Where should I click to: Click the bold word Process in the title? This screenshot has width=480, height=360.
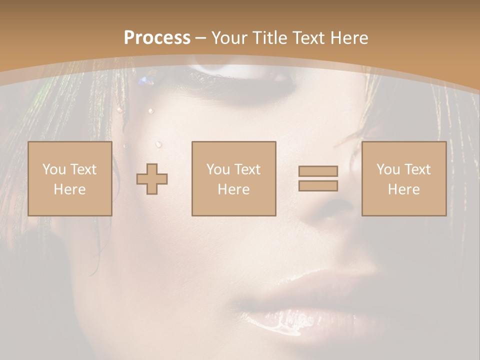click(x=157, y=38)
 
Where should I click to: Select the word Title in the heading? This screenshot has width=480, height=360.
click(x=271, y=38)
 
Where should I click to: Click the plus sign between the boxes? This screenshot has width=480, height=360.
click(x=152, y=179)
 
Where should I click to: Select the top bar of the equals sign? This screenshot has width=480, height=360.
click(x=318, y=171)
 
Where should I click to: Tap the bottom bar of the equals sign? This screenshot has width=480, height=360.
click(x=318, y=185)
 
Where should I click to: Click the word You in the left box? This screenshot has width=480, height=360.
click(x=54, y=169)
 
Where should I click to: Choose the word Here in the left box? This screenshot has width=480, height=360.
click(x=69, y=189)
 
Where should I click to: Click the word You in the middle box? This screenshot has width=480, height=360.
click(x=218, y=169)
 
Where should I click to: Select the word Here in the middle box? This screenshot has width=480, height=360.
click(x=233, y=189)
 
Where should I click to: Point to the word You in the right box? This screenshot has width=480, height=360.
click(x=388, y=169)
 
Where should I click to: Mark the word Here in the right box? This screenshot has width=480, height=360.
click(x=403, y=189)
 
